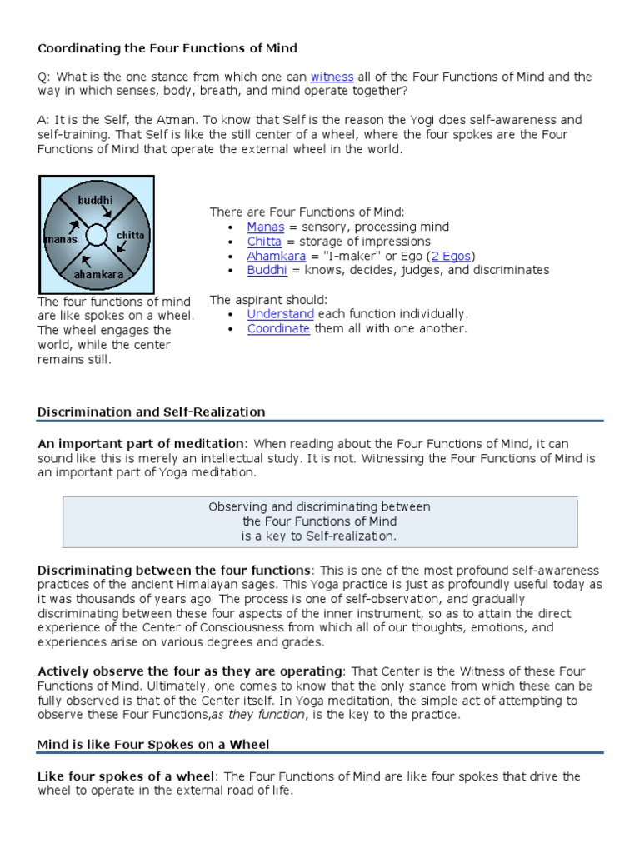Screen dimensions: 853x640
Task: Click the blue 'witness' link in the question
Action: tap(332, 77)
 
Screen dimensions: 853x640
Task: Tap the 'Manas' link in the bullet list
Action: tap(266, 227)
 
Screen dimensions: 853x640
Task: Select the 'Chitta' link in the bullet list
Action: tap(264, 242)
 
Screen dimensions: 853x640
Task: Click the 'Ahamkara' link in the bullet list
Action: tap(277, 256)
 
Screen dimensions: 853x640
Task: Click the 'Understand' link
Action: tap(280, 314)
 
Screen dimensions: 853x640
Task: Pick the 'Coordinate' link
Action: tap(278, 328)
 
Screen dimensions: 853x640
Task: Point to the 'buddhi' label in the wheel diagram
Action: tap(95, 201)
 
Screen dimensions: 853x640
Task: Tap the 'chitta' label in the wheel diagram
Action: tap(130, 236)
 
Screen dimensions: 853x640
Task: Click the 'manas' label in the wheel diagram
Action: tap(61, 240)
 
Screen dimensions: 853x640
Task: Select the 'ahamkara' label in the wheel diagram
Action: tap(98, 273)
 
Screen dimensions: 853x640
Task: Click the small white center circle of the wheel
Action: tap(97, 235)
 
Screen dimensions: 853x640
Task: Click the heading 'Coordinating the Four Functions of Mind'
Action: tap(167, 48)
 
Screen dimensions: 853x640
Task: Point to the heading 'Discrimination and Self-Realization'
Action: tap(152, 412)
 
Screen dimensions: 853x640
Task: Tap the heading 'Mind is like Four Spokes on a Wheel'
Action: tap(153, 744)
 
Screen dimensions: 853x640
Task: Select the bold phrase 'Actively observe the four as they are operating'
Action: tap(190, 671)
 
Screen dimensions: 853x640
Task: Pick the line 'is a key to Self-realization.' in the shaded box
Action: tap(319, 536)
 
